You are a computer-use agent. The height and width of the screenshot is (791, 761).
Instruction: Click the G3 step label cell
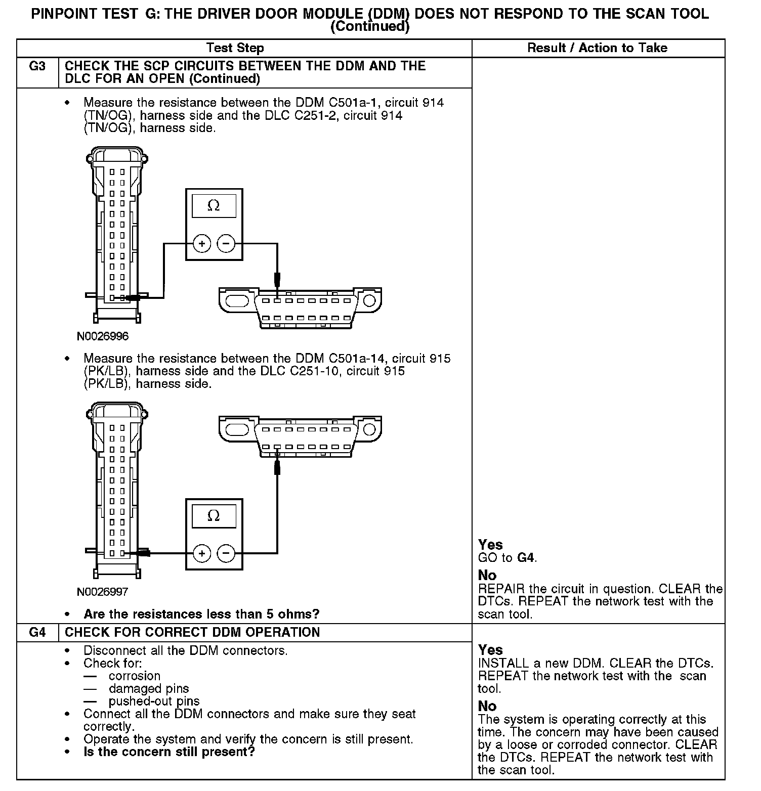pos(37,66)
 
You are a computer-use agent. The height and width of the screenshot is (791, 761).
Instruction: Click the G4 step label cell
pos(37,632)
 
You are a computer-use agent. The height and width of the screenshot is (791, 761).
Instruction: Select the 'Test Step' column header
pos(235,48)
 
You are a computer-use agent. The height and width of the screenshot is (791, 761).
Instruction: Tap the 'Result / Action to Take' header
pos(597,48)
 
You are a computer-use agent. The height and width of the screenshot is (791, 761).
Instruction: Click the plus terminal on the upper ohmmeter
pos(201,244)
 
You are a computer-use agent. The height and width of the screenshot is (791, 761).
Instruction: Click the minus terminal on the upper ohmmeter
pos(226,244)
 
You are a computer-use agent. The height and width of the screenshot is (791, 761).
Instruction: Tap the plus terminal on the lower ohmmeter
pos(201,553)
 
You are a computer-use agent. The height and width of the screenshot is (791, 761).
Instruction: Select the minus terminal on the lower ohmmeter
pos(226,553)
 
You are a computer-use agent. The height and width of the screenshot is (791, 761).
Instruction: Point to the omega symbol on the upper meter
pos(214,206)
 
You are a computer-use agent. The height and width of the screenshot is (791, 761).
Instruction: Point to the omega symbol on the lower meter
pos(214,516)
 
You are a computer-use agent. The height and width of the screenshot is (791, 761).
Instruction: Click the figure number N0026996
pos(103,336)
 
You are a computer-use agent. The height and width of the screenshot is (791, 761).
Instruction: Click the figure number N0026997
pos(103,591)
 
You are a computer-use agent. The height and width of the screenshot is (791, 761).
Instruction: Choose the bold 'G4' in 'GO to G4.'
pos(526,558)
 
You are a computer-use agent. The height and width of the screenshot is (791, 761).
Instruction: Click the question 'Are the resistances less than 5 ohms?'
pos(201,614)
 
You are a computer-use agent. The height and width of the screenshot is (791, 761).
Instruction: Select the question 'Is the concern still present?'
pos(169,752)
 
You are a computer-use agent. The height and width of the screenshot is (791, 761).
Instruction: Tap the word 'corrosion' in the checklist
pos(134,676)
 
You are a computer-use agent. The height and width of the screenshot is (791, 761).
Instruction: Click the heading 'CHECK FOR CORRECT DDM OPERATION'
pos(192,632)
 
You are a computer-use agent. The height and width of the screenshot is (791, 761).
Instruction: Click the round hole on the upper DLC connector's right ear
pos(369,301)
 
